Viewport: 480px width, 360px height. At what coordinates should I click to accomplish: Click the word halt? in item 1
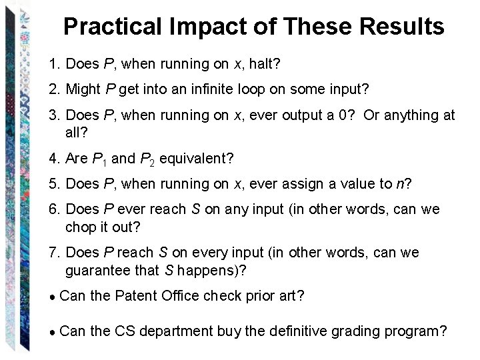(x=265, y=65)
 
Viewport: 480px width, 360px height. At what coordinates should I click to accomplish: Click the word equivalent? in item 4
(x=197, y=159)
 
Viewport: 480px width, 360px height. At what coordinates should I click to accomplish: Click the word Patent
(x=136, y=296)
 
